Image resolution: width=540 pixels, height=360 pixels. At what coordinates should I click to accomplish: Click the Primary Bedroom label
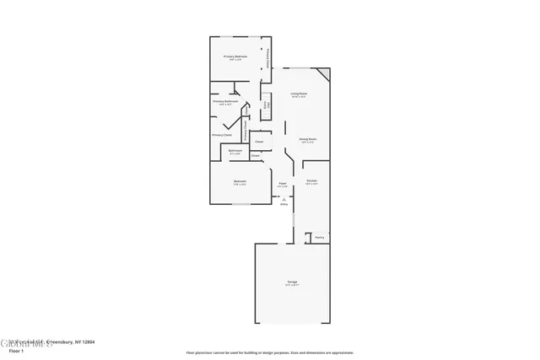click(235, 56)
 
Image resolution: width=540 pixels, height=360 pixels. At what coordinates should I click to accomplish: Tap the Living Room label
click(299, 94)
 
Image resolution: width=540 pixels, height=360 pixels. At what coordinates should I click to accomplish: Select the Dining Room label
click(307, 139)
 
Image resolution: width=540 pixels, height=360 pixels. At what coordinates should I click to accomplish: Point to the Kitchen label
click(311, 181)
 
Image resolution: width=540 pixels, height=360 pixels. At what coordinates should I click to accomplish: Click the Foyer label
click(283, 183)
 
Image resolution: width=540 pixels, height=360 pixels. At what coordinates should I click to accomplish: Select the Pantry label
click(320, 238)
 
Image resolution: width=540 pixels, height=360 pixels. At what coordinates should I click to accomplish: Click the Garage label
click(291, 282)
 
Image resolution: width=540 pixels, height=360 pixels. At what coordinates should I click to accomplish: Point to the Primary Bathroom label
click(225, 101)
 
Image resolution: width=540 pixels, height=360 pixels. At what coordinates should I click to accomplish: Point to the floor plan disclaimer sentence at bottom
click(269, 353)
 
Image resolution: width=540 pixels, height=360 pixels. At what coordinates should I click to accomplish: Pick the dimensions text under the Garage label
click(291, 286)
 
